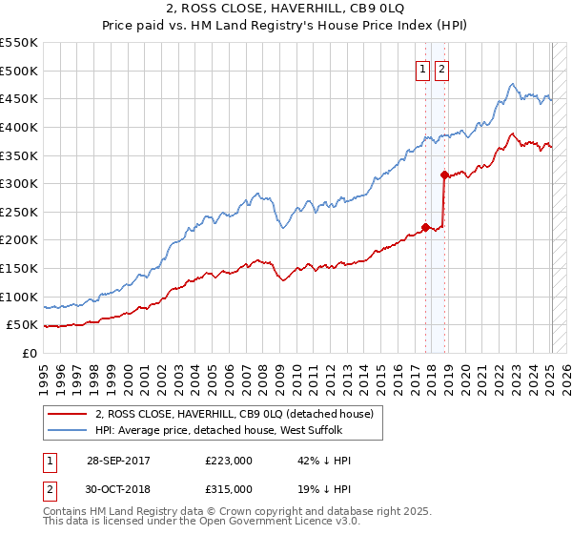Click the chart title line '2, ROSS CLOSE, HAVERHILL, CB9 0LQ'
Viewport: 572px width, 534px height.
[286, 10]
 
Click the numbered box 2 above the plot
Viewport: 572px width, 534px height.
[442, 68]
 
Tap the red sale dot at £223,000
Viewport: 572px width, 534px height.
[425, 226]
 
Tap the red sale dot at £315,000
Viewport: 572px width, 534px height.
[444, 175]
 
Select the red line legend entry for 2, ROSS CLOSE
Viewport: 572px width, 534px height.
[238, 414]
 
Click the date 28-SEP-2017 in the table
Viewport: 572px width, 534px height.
[118, 461]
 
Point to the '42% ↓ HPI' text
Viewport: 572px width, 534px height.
[324, 461]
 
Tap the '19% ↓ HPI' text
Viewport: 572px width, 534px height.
[324, 488]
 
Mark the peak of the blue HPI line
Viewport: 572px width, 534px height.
[513, 84]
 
